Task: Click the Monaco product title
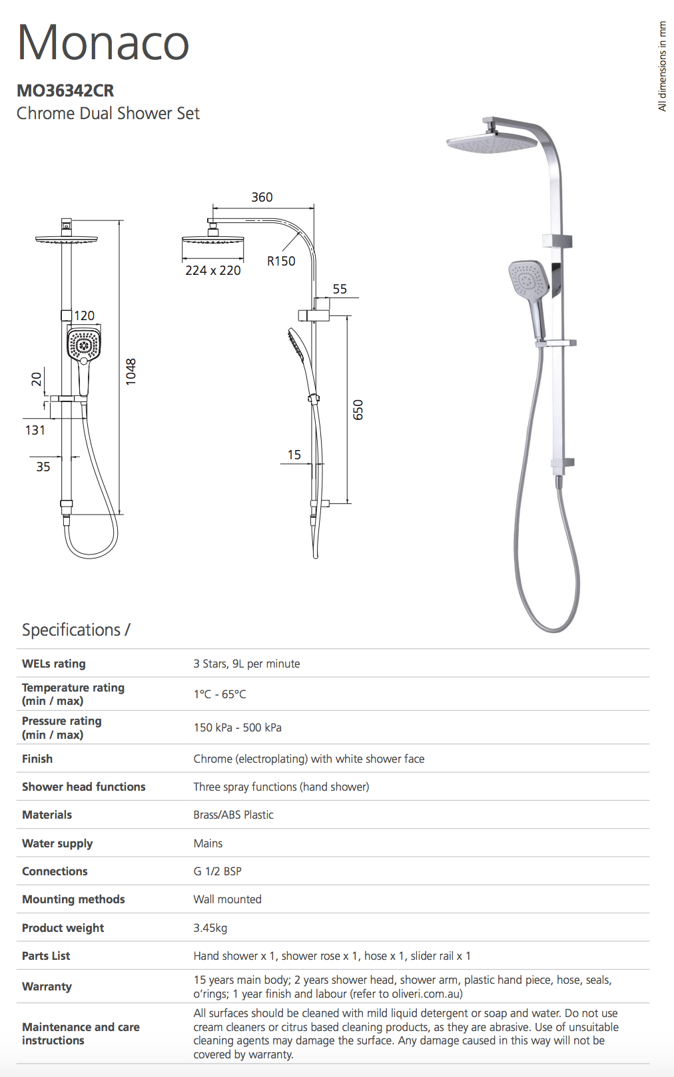[x=103, y=43]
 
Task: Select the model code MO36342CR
[x=65, y=91]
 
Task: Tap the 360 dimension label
[x=262, y=197]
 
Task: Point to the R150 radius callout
[x=282, y=261]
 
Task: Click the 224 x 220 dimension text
[x=213, y=271]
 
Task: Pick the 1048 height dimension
[x=131, y=371]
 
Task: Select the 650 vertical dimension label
[x=358, y=409]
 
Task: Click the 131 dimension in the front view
[x=35, y=430]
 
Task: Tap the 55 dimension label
[x=340, y=289]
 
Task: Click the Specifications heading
[x=76, y=630]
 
